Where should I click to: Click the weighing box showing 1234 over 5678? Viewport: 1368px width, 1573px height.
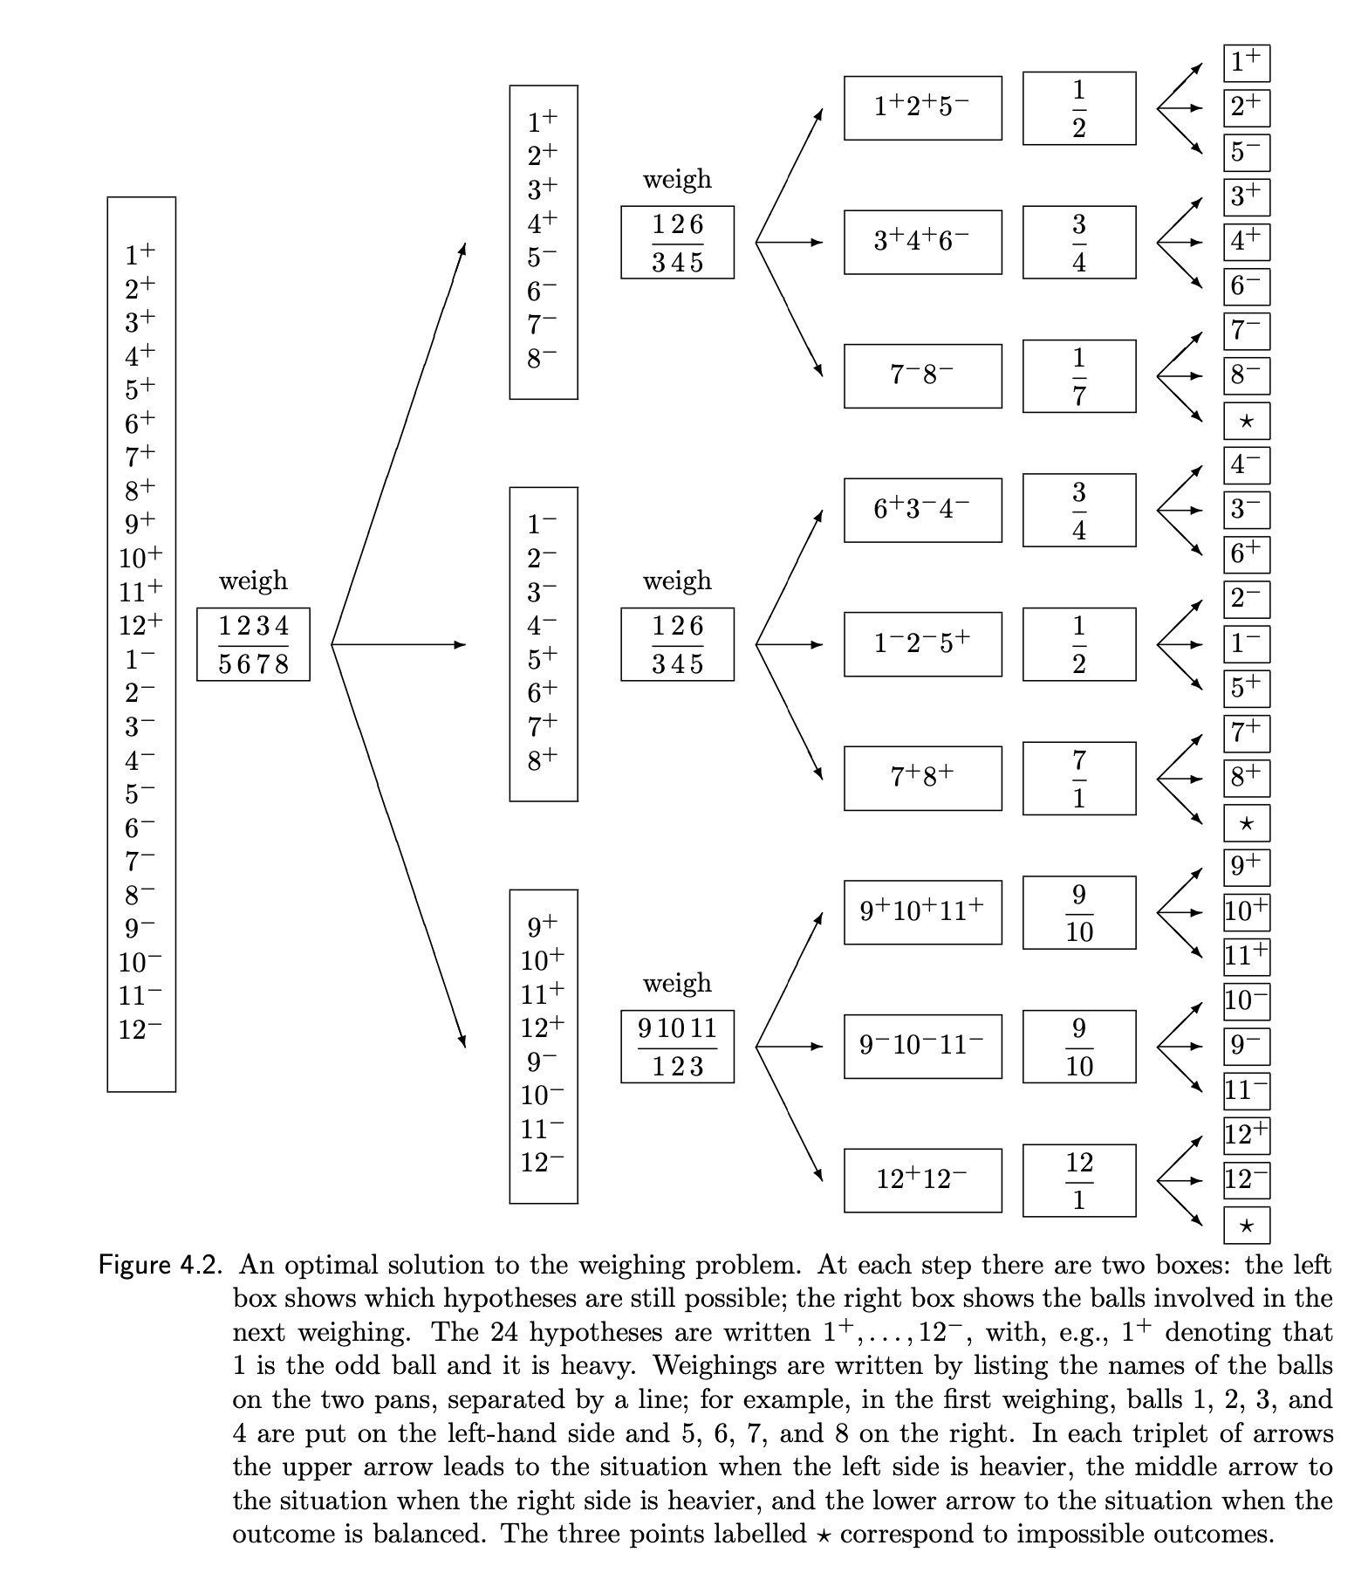[253, 644]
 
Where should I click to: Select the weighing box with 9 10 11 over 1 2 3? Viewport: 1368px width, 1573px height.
[677, 1047]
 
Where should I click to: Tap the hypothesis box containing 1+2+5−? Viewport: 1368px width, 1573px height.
[922, 108]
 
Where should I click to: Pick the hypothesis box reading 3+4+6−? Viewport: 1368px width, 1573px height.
[922, 242]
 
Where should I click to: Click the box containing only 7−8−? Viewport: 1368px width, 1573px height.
[922, 376]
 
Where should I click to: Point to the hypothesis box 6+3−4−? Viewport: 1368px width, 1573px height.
[922, 510]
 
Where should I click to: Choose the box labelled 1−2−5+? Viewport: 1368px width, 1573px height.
[922, 644]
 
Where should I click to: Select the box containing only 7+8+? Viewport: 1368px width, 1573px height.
[922, 778]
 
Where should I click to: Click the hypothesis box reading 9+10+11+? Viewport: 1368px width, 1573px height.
[922, 912]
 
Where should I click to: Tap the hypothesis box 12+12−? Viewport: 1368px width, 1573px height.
[922, 1180]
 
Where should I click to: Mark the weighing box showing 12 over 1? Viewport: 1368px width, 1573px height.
[1079, 1180]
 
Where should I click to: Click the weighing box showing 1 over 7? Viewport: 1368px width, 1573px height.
[1079, 376]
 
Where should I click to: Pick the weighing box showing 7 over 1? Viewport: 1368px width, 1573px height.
[1079, 778]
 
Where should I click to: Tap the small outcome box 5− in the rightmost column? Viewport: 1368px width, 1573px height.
[1246, 153]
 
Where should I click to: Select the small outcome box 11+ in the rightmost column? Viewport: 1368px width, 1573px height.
[1246, 957]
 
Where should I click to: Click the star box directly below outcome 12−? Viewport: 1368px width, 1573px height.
[1246, 1226]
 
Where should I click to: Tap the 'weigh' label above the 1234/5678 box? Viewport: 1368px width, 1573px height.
[253, 580]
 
